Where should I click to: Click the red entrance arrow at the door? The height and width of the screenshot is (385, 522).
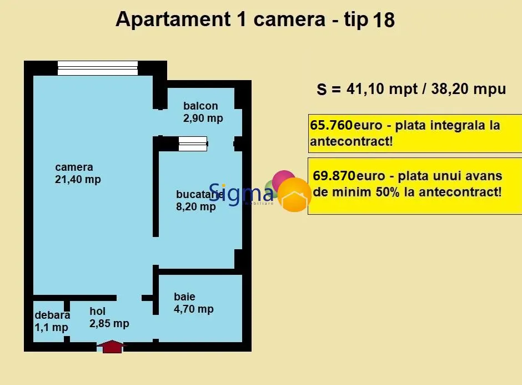tap(112, 347)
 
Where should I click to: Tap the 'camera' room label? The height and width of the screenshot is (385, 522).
tap(74, 167)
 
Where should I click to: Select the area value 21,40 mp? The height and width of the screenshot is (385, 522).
tap(78, 180)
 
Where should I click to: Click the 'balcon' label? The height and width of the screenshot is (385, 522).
tap(200, 106)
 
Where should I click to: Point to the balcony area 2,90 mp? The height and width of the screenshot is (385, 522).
tap(203, 118)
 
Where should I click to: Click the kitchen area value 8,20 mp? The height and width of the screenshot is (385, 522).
tap(195, 207)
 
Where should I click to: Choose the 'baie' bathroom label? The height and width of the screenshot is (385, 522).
tap(184, 296)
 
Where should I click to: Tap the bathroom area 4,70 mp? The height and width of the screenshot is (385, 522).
tap(194, 309)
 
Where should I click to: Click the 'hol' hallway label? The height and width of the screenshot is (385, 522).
tap(97, 311)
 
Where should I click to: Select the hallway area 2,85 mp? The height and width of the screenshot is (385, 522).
tap(109, 323)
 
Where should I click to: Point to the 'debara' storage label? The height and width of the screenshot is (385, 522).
tap(52, 315)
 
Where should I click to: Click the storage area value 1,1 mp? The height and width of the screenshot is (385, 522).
tap(51, 327)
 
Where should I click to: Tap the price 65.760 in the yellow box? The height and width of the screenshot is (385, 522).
tap(331, 125)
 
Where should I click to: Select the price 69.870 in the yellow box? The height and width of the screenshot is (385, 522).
tap(334, 176)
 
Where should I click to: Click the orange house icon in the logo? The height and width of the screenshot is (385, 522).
tap(294, 195)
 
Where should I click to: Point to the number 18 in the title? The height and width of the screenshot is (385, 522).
tap(384, 19)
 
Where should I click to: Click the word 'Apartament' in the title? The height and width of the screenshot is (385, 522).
tap(173, 19)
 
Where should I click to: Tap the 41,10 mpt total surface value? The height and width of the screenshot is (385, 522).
tap(382, 89)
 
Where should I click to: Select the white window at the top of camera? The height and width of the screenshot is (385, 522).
tap(98, 68)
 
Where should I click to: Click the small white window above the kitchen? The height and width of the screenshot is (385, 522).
tap(193, 144)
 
